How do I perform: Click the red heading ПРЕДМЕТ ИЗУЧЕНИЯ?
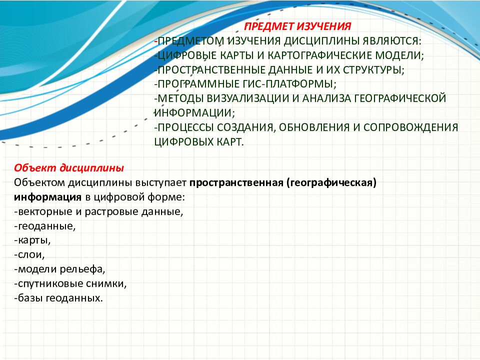point(297,25)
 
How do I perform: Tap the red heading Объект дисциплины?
point(69,167)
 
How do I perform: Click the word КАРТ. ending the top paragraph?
point(228,141)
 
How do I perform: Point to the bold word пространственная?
point(236,182)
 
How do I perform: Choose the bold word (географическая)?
point(331,182)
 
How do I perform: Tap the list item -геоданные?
point(45,226)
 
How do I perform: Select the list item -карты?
point(32,240)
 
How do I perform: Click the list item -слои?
point(30,255)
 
